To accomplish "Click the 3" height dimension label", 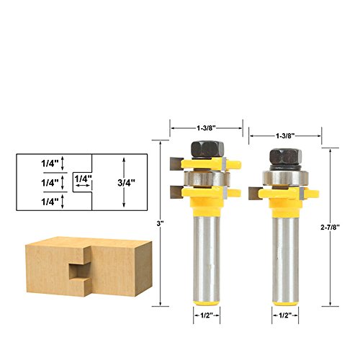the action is [160, 223].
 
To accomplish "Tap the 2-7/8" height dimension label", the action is [330, 228].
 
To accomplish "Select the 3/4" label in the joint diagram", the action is [126, 183].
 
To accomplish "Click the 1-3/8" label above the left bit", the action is [207, 128].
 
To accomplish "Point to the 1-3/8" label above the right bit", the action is [285, 136].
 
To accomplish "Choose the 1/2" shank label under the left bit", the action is [207, 315].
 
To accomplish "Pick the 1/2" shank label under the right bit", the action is [285, 315].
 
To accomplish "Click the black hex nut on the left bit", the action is [207, 149].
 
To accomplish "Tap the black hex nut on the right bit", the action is [285, 157].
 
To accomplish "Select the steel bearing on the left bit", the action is [207, 179].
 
